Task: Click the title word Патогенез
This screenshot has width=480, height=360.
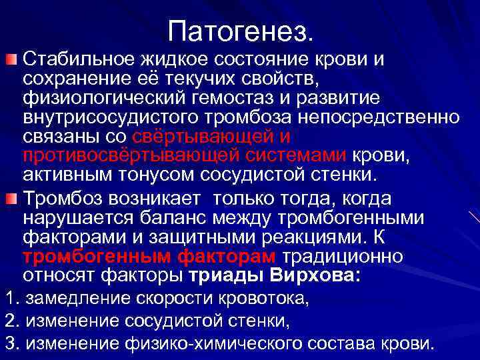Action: (x=239, y=29)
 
